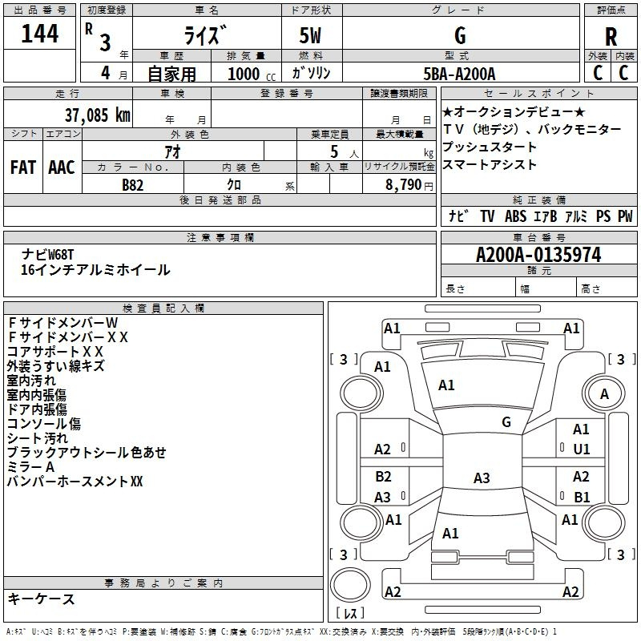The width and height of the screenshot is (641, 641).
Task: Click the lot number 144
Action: point(39,34)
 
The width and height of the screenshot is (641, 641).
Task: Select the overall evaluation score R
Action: point(611,37)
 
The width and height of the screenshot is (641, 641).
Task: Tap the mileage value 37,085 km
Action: point(97,115)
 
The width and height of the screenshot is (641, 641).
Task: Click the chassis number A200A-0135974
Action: point(538,255)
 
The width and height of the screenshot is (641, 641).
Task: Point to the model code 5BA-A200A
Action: point(459,74)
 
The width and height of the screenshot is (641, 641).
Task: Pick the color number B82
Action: point(133,185)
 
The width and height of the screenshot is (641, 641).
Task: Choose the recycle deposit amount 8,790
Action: point(403,185)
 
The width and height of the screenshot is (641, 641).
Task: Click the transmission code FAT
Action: point(23,167)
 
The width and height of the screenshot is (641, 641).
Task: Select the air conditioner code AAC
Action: point(62,167)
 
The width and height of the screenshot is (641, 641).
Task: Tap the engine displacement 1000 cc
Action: point(252,74)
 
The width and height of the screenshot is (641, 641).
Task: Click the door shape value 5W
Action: point(310,35)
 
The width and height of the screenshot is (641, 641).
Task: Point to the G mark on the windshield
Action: point(506,422)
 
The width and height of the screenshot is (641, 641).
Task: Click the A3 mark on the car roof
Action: point(482,478)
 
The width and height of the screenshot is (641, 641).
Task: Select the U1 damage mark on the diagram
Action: point(582,450)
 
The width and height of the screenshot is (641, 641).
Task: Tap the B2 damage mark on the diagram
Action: point(383,477)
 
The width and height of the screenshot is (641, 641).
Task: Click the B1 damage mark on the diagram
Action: point(582,497)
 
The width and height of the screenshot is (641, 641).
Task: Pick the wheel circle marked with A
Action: point(604,394)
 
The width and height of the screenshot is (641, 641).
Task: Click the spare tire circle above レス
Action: point(350,585)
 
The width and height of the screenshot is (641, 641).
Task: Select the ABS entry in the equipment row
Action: point(515,216)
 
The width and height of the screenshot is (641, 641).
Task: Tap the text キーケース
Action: point(42,599)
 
